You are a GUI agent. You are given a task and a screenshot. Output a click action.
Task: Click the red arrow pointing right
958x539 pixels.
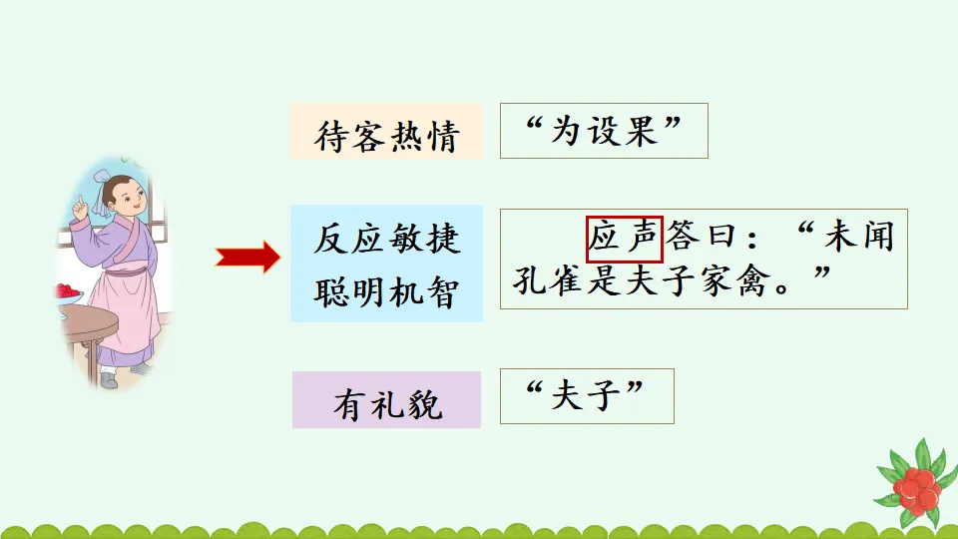[x=248, y=259]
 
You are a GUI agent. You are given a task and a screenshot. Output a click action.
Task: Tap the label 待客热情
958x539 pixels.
[x=386, y=135]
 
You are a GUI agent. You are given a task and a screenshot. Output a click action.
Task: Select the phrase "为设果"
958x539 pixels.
[x=604, y=131]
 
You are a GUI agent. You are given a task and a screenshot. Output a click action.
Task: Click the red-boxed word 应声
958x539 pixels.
[x=625, y=239]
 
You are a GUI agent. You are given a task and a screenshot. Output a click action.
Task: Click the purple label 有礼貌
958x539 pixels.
[x=387, y=405]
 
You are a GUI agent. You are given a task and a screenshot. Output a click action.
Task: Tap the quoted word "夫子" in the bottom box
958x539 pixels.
[x=587, y=396]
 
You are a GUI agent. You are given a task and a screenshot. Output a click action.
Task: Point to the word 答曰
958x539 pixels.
[x=704, y=239]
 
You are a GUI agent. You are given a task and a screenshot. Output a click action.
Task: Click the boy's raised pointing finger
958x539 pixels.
[x=79, y=200]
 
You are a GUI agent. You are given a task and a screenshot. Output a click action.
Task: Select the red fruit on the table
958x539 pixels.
[x=68, y=291]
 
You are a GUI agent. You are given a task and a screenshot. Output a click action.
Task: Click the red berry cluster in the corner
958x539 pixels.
[x=915, y=487]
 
